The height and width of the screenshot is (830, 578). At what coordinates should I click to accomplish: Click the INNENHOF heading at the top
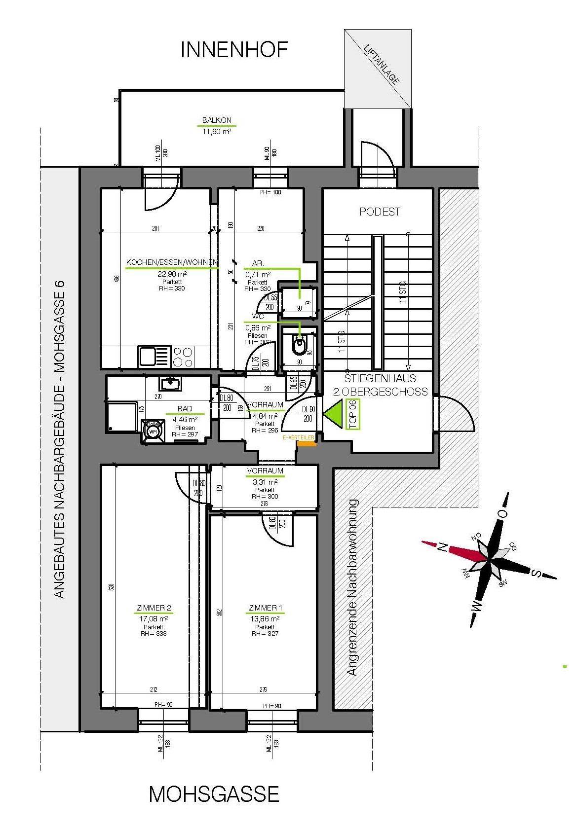pos(234,50)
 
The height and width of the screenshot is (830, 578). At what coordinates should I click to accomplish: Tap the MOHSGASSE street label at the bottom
pos(214,794)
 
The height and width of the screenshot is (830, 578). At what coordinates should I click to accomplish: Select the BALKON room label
pos(216,120)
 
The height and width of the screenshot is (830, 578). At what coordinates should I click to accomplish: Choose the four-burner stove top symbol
pos(183,357)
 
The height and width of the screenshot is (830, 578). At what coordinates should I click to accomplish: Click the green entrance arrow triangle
pos(334,412)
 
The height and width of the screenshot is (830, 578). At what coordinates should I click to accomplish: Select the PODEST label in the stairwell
pos(380,212)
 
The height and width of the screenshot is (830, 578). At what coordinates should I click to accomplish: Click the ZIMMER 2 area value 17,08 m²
pos(153,618)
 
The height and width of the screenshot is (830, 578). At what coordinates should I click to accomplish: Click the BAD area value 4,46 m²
pos(185,420)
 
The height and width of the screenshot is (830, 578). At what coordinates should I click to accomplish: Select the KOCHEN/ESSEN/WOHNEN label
pos(172,262)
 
